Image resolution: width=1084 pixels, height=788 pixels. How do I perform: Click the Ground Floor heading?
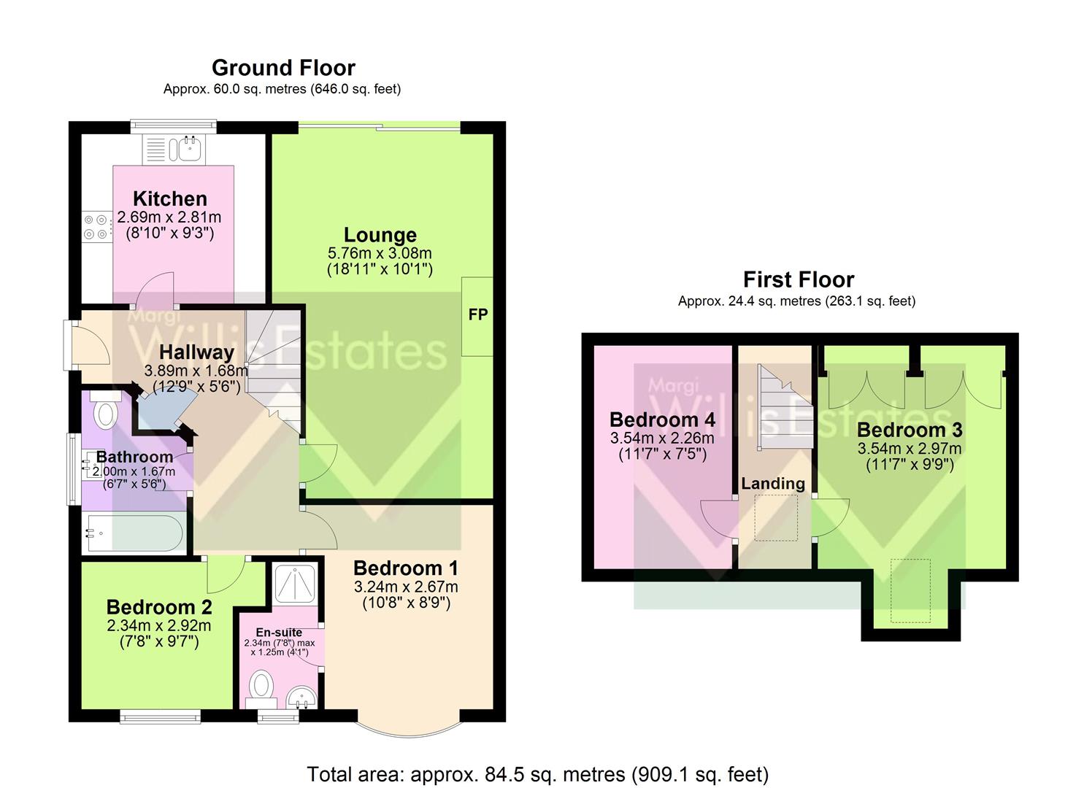click(x=283, y=68)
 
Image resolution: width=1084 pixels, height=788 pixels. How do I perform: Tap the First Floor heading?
click(x=798, y=279)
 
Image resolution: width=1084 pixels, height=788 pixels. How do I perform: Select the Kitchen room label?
click(x=169, y=198)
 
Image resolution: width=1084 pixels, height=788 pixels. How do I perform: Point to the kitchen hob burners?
click(x=96, y=226)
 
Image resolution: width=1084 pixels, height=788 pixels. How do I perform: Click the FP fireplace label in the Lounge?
click(x=478, y=314)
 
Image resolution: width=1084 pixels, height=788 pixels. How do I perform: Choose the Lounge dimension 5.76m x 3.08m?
click(x=380, y=253)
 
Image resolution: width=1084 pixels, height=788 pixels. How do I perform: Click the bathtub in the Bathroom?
click(x=134, y=533)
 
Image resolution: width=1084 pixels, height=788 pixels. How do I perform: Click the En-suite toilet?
click(x=261, y=688)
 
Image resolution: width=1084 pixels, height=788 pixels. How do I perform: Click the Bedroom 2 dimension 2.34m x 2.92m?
click(x=158, y=625)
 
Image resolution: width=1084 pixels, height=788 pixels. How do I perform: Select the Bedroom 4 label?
click(x=661, y=420)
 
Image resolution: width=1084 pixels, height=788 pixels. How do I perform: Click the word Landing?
click(x=772, y=483)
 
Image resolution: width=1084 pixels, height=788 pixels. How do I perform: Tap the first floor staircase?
click(x=783, y=409)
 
